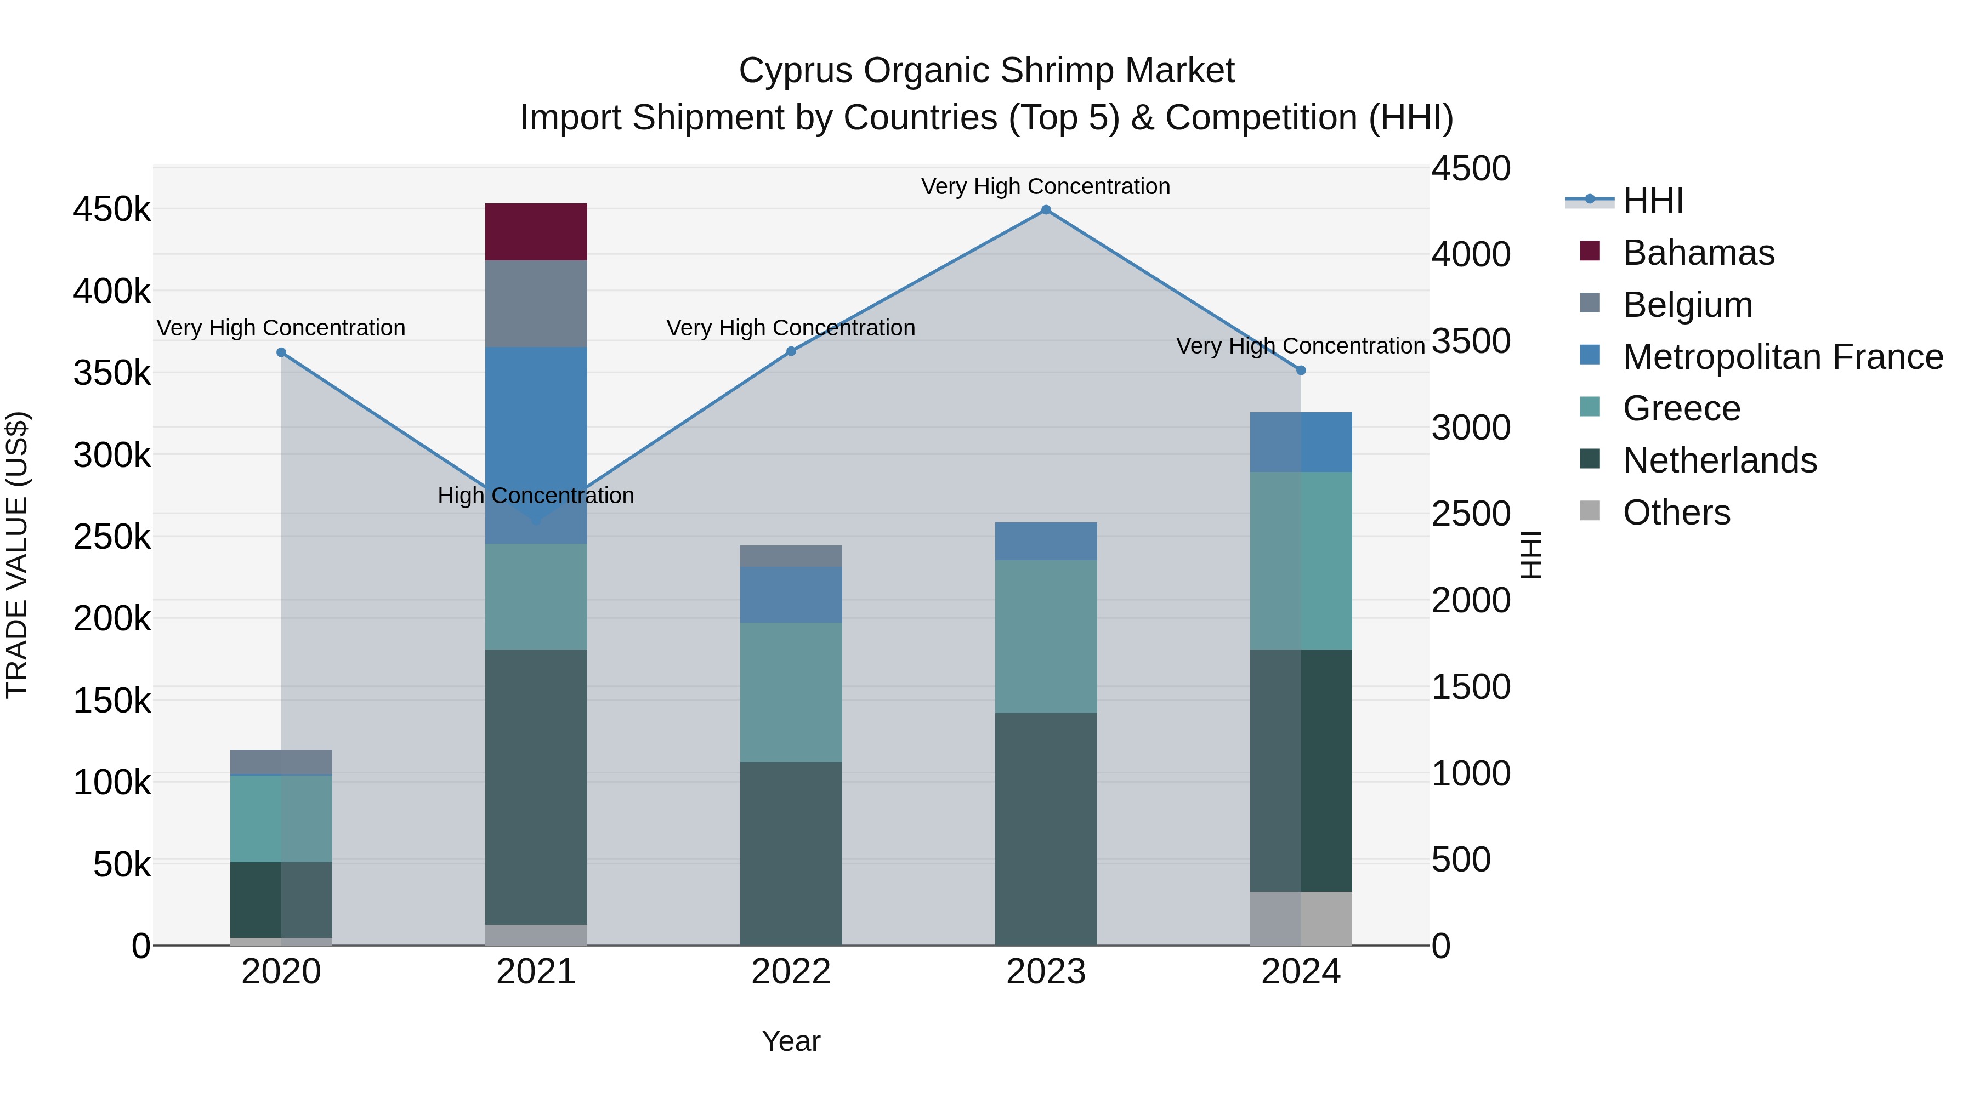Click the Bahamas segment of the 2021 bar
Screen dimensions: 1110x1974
[x=536, y=231]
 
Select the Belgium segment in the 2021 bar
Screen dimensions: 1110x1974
[x=536, y=303]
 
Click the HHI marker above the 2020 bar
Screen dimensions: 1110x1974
[x=281, y=352]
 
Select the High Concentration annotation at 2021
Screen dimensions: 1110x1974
[x=536, y=496]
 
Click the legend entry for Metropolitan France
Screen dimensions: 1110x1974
[x=1783, y=357]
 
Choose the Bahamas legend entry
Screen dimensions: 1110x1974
[x=1698, y=253]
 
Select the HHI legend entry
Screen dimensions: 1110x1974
[x=1653, y=201]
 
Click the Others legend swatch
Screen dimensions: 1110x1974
[x=1590, y=511]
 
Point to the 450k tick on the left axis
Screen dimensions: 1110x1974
[x=112, y=209]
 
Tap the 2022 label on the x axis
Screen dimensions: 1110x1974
[x=791, y=972]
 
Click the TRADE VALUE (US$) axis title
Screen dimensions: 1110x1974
[x=17, y=555]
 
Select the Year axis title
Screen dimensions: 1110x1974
[x=791, y=1041]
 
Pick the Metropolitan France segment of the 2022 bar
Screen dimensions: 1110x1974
[x=791, y=594]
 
